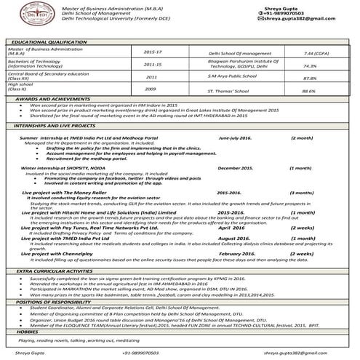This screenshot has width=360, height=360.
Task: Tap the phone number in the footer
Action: point(140,351)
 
